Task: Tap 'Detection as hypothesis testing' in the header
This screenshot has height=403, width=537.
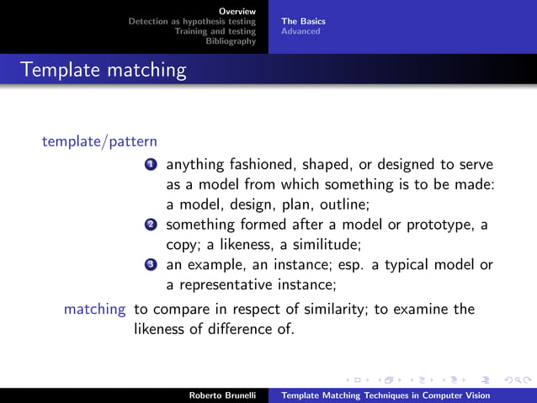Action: (192, 21)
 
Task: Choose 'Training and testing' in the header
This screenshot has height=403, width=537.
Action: (215, 31)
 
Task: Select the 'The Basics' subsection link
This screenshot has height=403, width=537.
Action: (303, 21)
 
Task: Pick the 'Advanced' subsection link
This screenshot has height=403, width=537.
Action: (300, 31)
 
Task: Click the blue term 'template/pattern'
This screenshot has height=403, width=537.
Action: (99, 141)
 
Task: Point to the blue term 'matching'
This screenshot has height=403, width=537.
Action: (94, 310)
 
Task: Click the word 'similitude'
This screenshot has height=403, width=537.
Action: (327, 245)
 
